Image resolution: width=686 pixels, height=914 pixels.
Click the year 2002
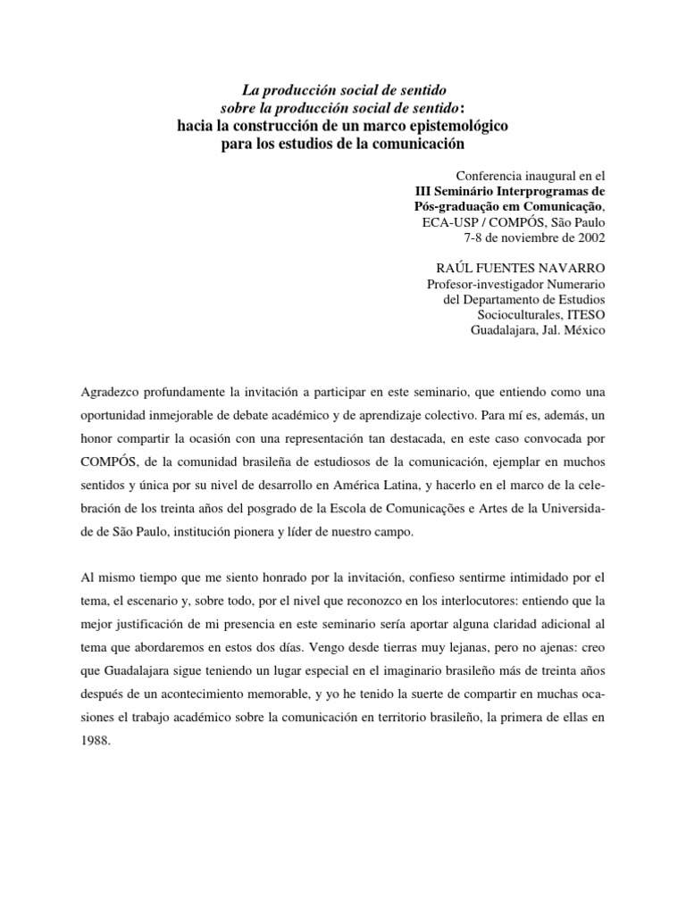[x=590, y=237]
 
